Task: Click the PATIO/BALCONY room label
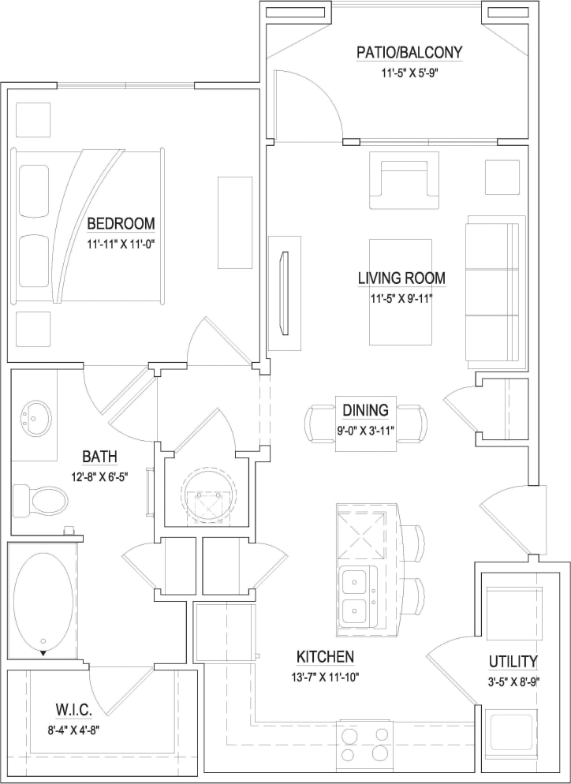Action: point(409,53)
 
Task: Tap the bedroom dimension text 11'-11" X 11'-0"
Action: point(121,244)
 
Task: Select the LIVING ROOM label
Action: point(401,278)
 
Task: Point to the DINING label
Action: point(365,410)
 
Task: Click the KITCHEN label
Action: point(325,656)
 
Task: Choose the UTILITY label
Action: point(513,661)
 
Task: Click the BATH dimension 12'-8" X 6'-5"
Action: point(100,476)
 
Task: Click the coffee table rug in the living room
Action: point(401,292)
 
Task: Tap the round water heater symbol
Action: point(209,496)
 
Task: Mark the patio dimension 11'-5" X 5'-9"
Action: point(409,73)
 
